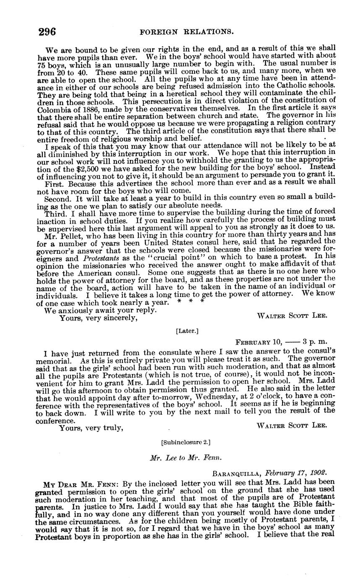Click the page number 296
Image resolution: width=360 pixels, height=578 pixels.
click(47, 32)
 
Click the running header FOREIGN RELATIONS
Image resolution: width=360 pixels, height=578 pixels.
click(186, 31)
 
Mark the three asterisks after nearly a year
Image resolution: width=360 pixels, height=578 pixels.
click(191, 302)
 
